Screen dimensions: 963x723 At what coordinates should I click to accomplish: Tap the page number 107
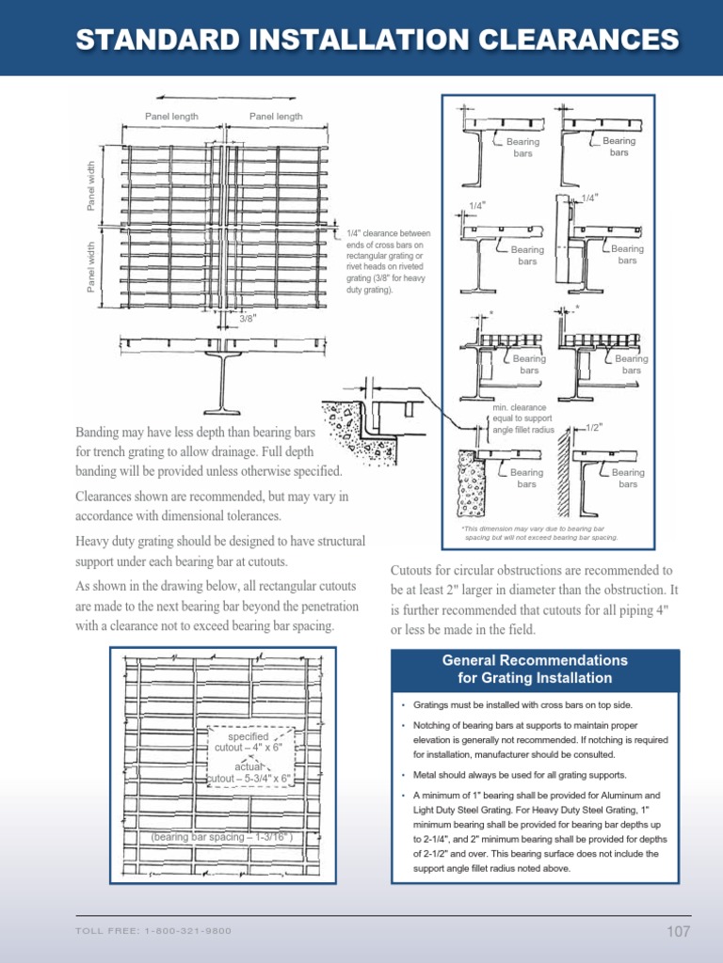[x=678, y=931]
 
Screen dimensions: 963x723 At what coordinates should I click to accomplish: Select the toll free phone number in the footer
[x=153, y=931]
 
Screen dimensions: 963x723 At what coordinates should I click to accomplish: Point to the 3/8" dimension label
[x=248, y=319]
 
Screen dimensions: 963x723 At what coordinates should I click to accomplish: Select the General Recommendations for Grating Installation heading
[x=535, y=669]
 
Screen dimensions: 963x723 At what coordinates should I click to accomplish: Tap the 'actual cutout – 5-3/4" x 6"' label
[x=249, y=772]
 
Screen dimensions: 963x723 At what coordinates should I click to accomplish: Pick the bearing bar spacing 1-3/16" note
[x=222, y=836]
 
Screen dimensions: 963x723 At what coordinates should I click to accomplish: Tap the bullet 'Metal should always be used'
[x=520, y=775]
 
